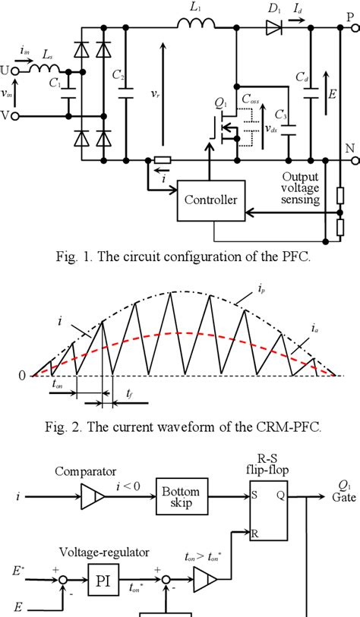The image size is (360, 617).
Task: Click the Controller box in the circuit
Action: pos(210,200)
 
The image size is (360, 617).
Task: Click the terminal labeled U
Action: pos(6,70)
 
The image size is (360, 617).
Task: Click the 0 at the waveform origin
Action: pos(23,376)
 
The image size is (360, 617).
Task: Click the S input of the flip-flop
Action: pos(259,498)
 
